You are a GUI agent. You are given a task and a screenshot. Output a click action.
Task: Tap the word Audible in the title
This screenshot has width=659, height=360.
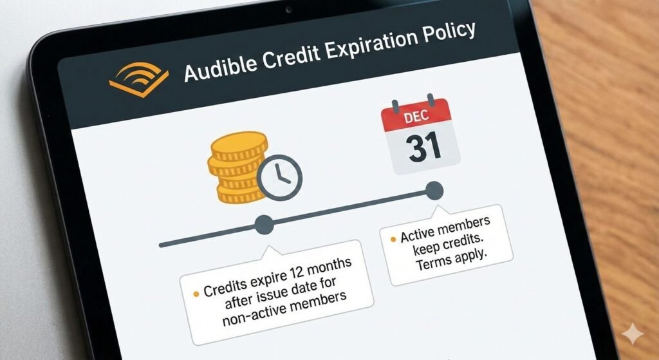point(213,68)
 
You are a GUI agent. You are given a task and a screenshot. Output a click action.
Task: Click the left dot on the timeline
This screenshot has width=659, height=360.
point(264,225)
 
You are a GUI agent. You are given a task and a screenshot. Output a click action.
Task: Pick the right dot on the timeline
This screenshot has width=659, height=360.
point(434,190)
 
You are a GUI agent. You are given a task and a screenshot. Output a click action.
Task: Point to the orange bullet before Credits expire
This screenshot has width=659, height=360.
point(196,294)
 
